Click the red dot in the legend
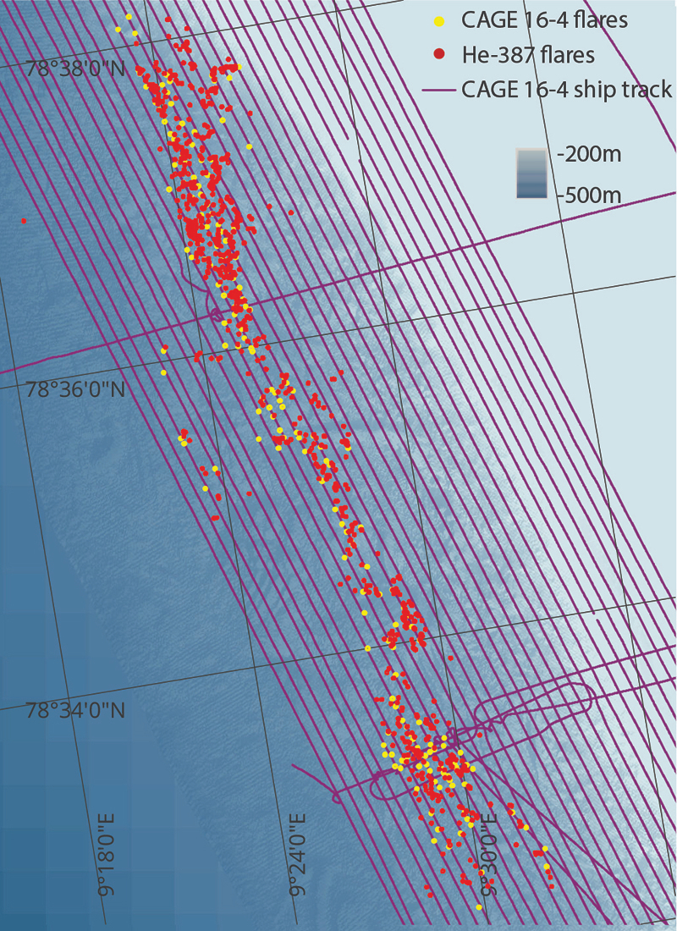pos(438,55)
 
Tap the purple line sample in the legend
pos(438,89)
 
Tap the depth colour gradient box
pos(532,174)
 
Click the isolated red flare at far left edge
pos(24,221)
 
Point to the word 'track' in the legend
pos(648,89)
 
